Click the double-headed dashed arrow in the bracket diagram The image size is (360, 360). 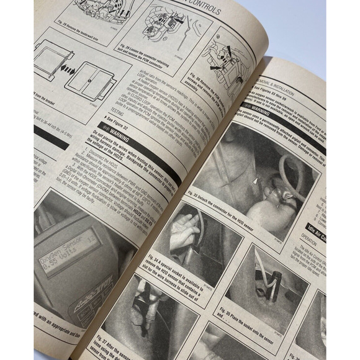point(65,71)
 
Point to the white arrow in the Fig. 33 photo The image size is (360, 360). point(256,181)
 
